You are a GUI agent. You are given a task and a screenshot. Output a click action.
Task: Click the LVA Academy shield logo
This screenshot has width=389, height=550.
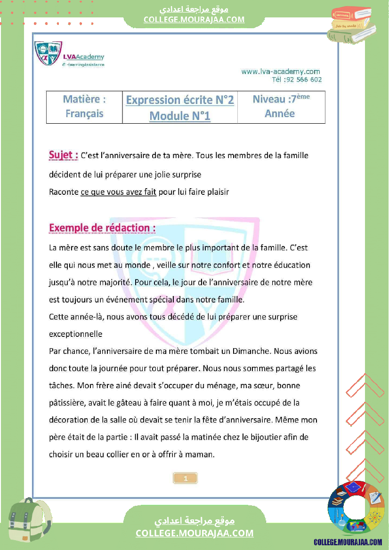pos(48,53)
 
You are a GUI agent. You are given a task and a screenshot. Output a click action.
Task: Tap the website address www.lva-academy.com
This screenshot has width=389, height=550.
pos(281,72)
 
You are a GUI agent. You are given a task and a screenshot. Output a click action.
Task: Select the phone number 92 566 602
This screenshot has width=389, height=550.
pos(303,80)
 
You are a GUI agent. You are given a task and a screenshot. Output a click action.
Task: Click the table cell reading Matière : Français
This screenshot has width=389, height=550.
pos(84,106)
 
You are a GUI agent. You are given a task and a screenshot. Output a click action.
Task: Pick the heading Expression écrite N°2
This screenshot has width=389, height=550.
pos(180,100)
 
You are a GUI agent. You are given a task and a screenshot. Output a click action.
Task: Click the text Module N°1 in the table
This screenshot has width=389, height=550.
pos(180,116)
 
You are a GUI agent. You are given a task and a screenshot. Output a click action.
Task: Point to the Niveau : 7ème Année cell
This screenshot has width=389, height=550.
pos(281,106)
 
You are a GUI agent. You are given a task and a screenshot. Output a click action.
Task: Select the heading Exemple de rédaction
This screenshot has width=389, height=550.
pos(102,228)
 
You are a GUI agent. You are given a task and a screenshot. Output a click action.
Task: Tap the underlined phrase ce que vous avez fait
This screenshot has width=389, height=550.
pos(118,192)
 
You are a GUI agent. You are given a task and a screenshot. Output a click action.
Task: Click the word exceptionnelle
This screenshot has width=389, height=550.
pos(76,334)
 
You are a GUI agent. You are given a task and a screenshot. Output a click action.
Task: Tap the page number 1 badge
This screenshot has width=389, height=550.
pos(186,478)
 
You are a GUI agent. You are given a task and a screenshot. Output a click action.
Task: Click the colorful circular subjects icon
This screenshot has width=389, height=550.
pos(356,510)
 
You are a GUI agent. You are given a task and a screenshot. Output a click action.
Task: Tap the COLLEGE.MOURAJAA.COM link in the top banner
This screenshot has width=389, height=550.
pos(194,19)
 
